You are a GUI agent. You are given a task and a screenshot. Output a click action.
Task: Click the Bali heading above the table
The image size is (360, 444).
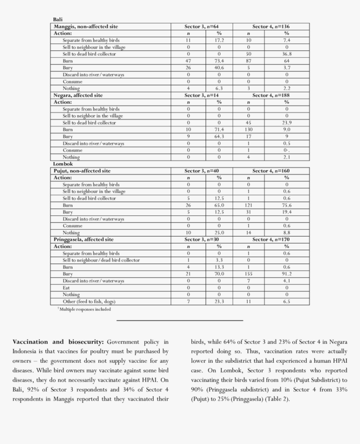pos(58,20)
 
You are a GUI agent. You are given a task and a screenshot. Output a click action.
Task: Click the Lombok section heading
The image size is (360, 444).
pos(63,164)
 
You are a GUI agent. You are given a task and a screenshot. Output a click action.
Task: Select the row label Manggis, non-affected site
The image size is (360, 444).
pos(86,26)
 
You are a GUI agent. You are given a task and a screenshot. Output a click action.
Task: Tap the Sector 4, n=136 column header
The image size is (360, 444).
pos(270,26)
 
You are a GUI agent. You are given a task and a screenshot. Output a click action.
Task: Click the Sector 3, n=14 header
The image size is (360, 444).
pos(201,96)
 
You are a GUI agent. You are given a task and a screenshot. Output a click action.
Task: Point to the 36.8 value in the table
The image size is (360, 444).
pos(287,54)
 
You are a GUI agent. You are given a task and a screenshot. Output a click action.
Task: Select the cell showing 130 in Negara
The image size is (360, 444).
pos(248,130)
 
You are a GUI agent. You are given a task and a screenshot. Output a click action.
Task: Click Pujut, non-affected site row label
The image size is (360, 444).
pos(82,171)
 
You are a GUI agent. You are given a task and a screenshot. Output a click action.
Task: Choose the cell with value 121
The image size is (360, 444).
pos(248,205)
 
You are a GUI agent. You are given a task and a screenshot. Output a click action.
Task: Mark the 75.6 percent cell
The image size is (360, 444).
pos(287,205)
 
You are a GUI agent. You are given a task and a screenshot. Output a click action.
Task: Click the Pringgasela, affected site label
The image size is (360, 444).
pos(84,240)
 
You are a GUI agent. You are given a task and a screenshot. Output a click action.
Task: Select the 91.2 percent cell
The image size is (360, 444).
pos(287,274)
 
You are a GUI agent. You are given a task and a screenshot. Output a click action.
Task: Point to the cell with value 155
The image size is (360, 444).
pos(248,274)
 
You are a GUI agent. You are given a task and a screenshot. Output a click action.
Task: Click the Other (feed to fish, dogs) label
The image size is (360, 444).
pos(89,301)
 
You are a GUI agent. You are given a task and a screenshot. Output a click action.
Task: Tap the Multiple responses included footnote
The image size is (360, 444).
pos(85,310)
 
